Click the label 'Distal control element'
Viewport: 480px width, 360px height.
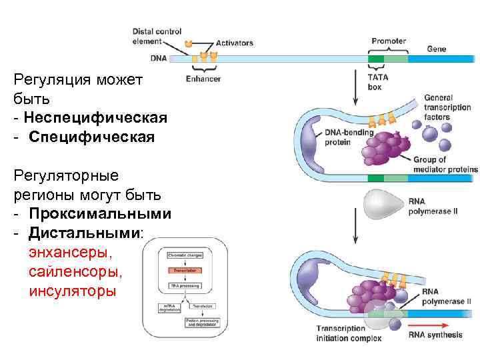click(x=157, y=36)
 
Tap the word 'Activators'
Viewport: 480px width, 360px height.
click(x=234, y=43)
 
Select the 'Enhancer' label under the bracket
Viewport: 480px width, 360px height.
click(x=203, y=79)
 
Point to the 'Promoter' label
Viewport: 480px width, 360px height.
click(x=389, y=41)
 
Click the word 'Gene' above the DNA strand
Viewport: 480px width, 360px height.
click(x=436, y=49)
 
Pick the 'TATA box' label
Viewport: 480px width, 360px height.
click(x=378, y=81)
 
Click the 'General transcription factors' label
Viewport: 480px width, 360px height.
click(x=447, y=108)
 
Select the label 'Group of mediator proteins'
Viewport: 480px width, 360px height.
click(x=445, y=165)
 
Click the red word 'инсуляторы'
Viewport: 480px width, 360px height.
click(x=72, y=291)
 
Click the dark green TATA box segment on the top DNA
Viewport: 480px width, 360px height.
click(x=376, y=59)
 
